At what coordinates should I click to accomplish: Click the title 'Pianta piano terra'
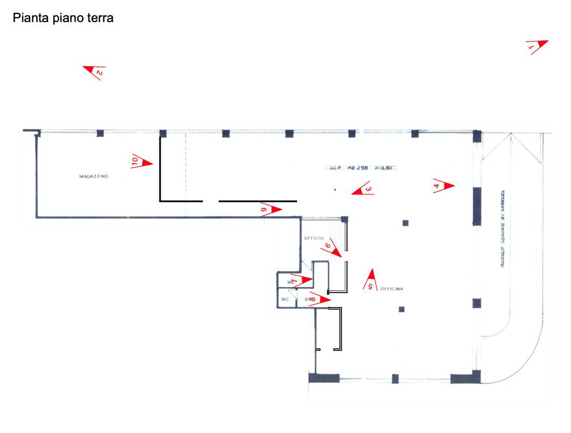[x=63, y=18]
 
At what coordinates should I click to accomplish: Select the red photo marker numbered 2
[x=95, y=72]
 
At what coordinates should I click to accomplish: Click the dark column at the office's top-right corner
[x=344, y=219]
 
